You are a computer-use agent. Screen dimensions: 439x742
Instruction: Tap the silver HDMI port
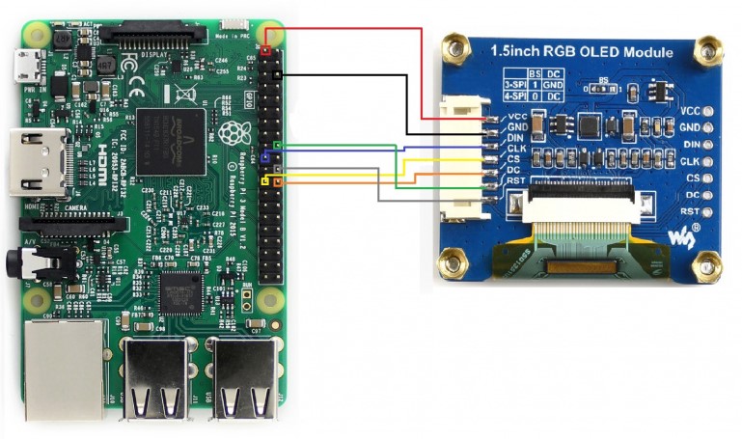[x=37, y=164]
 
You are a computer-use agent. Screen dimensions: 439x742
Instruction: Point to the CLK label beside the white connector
[x=515, y=149]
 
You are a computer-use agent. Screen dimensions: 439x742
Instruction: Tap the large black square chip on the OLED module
[x=591, y=124]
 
